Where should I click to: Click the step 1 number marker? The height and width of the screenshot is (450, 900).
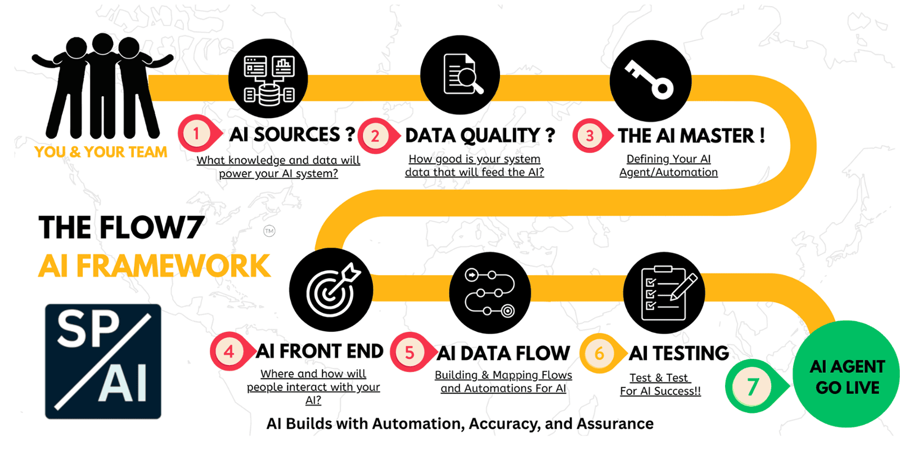196,134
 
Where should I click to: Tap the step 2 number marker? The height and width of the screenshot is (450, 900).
375,136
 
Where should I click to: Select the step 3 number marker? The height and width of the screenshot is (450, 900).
589,136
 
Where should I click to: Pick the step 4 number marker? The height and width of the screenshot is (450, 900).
228,352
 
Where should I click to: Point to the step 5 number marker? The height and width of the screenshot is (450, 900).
409,353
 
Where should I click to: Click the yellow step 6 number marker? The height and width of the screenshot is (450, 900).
599,353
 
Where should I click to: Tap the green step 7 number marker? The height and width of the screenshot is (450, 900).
753,386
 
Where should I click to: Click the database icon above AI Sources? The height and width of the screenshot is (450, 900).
268,79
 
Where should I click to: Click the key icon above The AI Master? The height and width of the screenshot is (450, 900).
650,80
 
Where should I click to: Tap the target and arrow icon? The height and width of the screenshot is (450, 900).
331,289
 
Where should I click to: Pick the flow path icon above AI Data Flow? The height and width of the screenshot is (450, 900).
490,292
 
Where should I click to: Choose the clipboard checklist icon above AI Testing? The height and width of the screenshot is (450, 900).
664,293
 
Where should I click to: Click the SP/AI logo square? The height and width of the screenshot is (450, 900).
103,362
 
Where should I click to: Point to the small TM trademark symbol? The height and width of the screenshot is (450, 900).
269,231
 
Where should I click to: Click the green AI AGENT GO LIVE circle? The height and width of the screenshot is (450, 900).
847,376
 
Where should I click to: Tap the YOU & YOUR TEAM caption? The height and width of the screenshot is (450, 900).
101,152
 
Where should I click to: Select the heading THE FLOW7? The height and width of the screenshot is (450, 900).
121,228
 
